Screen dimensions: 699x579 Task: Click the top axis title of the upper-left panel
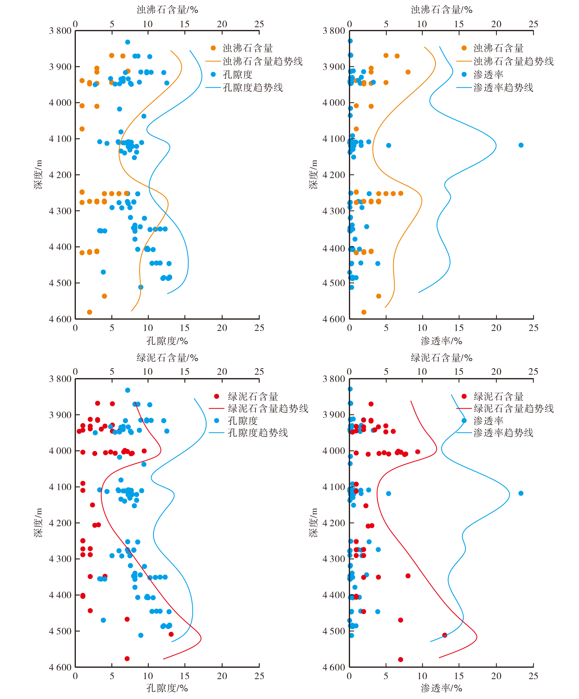pyautogui.click(x=167, y=10)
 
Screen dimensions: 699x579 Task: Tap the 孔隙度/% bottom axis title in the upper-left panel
pyautogui.click(x=167, y=341)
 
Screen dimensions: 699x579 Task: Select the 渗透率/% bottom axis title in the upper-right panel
pyautogui.click(x=441, y=341)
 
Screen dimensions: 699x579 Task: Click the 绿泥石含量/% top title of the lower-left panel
pyautogui.click(x=167, y=358)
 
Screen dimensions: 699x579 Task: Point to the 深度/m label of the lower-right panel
pyautogui.click(x=313, y=523)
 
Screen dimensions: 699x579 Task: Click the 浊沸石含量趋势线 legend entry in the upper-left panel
pyautogui.click(x=262, y=61)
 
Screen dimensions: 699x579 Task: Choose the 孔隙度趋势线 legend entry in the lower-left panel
pyautogui.click(x=258, y=433)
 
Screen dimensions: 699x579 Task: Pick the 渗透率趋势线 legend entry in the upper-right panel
pyautogui.click(x=503, y=88)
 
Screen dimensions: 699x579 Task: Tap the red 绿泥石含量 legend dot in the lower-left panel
pyautogui.click(x=217, y=397)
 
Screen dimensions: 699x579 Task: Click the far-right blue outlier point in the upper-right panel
pyautogui.click(x=521, y=145)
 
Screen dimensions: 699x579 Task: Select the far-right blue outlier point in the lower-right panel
pyautogui.click(x=521, y=493)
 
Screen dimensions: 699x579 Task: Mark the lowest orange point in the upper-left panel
pyautogui.click(x=89, y=312)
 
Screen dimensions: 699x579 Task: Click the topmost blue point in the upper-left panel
pyautogui.click(x=128, y=42)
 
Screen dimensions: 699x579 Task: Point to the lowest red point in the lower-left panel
pyautogui.click(x=127, y=659)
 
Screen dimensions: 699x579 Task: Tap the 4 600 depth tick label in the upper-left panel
pyautogui.click(x=60, y=319)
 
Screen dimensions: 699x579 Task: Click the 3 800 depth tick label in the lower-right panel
pyautogui.click(x=334, y=379)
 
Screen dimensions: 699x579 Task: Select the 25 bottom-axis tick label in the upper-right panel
pyautogui.click(x=533, y=328)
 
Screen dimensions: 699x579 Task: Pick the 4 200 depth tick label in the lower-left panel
pyautogui.click(x=60, y=523)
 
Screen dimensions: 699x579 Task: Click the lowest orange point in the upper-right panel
pyautogui.click(x=364, y=312)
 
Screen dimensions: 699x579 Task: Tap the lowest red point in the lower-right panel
pyautogui.click(x=400, y=660)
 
